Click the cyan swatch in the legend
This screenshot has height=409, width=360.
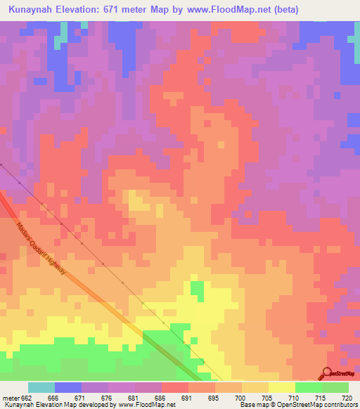point(41,387)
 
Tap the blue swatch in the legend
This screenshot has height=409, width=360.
point(68,387)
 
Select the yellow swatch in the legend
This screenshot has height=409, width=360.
point(282,387)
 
